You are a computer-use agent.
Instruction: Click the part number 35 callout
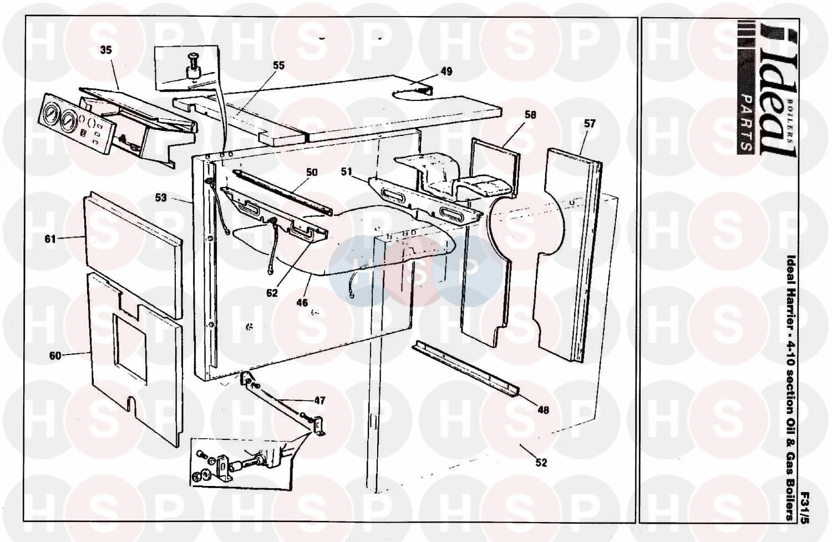point(106,50)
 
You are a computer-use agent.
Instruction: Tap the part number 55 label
point(278,65)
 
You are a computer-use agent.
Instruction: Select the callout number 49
point(446,72)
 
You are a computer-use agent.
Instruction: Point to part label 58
point(530,115)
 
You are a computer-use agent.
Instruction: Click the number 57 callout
point(589,124)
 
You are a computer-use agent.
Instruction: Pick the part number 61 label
point(50,239)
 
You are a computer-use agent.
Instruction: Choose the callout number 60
point(55,356)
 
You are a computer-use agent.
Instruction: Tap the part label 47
point(319,401)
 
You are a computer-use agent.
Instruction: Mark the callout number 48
point(542,410)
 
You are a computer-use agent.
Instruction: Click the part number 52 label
point(541,463)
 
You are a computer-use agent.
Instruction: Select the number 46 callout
point(302,303)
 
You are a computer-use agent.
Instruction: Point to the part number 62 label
point(272,293)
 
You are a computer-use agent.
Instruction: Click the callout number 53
point(160,197)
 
